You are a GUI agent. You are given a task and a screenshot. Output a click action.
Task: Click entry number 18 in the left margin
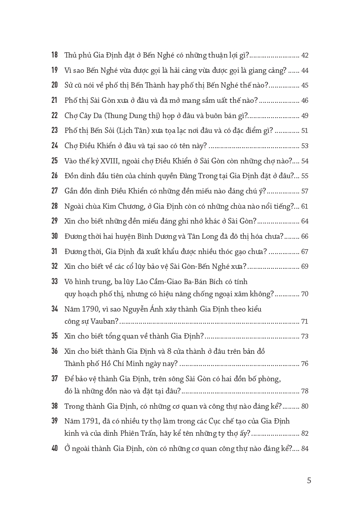[x=54, y=55]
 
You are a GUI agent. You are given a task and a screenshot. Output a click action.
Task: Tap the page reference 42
[x=305, y=55]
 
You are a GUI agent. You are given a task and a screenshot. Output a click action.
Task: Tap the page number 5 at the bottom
[x=309, y=481]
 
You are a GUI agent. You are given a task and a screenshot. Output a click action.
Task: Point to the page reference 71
[x=305, y=322]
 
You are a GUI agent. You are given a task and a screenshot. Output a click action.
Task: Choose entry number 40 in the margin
[x=54, y=448]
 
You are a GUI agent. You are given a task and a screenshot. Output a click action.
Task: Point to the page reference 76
[x=305, y=363]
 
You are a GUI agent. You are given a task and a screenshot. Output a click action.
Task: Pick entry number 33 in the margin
[x=54, y=281]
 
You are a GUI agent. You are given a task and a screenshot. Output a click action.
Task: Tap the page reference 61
[x=305, y=206]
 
